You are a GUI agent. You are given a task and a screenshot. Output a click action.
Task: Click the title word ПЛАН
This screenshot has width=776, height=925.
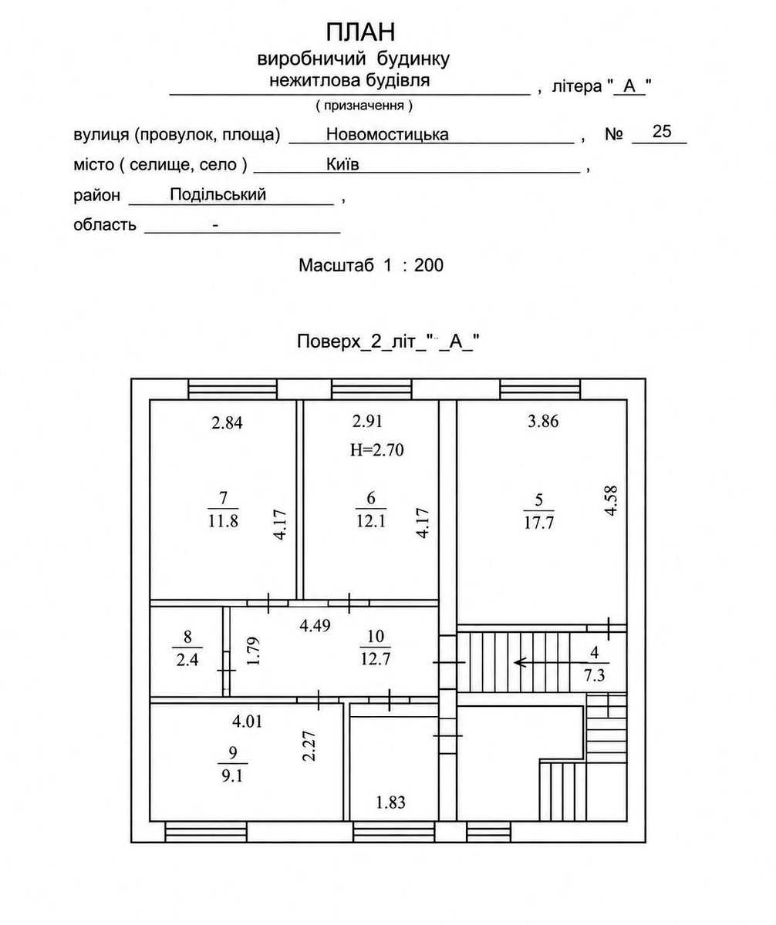[360, 32]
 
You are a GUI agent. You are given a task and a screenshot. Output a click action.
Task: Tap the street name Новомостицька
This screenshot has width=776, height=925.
[387, 134]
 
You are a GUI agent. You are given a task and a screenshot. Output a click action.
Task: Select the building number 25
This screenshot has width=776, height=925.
[662, 132]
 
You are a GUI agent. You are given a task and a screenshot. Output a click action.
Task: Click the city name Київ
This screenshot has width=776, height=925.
[342, 164]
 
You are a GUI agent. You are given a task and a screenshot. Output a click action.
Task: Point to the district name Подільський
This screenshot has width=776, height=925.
[218, 194]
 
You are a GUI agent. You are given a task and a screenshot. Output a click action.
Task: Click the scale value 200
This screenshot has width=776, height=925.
[428, 265]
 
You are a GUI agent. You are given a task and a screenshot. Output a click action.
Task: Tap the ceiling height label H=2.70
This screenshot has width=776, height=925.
[376, 450]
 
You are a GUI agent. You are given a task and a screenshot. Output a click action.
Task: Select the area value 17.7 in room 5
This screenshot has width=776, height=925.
[538, 523]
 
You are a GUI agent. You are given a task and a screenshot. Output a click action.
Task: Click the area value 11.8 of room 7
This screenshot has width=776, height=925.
[223, 520]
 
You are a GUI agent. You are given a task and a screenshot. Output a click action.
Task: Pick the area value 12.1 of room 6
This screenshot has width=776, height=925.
[371, 520]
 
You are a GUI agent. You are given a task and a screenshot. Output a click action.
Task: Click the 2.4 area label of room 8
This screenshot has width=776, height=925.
[187, 661]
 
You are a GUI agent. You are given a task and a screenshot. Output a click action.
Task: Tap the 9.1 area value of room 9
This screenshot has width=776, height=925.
[232, 776]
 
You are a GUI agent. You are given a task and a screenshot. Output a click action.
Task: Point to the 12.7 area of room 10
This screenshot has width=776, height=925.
[375, 660]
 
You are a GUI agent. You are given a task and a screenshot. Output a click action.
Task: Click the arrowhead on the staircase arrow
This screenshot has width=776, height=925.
[518, 663]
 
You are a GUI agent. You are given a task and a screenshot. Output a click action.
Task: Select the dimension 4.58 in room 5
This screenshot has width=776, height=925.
[611, 501]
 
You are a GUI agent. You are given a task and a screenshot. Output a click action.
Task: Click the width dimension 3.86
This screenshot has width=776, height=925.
[543, 422]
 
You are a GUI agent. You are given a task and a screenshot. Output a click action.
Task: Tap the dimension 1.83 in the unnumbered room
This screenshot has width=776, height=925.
[390, 802]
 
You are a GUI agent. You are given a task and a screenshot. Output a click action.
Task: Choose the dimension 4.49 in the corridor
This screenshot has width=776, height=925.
[315, 626]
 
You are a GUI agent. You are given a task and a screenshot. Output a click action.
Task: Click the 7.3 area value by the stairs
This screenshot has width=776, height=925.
[594, 675]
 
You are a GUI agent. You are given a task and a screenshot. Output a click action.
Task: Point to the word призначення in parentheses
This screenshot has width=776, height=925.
[364, 106]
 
